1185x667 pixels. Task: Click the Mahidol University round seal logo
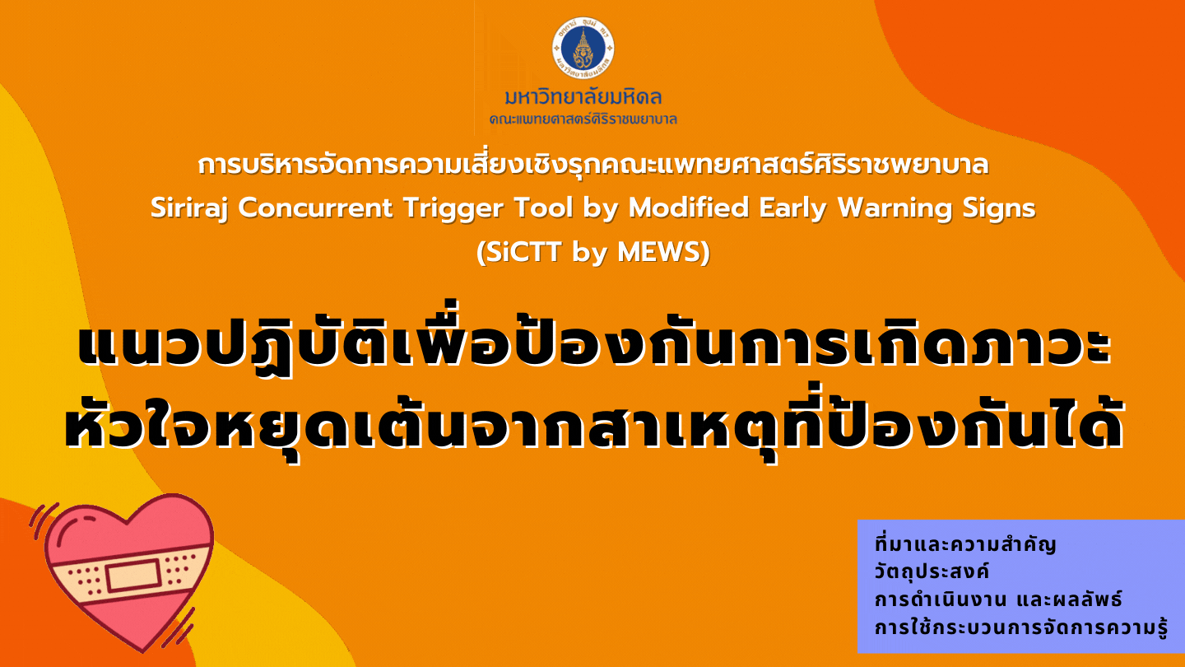pyautogui.click(x=583, y=48)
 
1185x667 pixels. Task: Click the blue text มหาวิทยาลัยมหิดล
pyautogui.click(x=583, y=97)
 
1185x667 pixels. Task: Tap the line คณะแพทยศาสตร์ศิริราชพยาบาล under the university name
pyautogui.click(x=583, y=119)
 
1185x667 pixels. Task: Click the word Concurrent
pyautogui.click(x=315, y=208)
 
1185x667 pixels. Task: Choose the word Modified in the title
pyautogui.click(x=688, y=208)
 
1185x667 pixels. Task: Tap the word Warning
pyautogui.click(x=894, y=208)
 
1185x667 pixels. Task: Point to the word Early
pyautogui.click(x=792, y=208)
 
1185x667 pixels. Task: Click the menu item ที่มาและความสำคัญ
pyautogui.click(x=965, y=543)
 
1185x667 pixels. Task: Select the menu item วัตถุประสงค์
pyautogui.click(x=932, y=571)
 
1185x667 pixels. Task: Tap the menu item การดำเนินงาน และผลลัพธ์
pyautogui.click(x=998, y=599)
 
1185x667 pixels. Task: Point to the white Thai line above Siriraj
pyautogui.click(x=593, y=165)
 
